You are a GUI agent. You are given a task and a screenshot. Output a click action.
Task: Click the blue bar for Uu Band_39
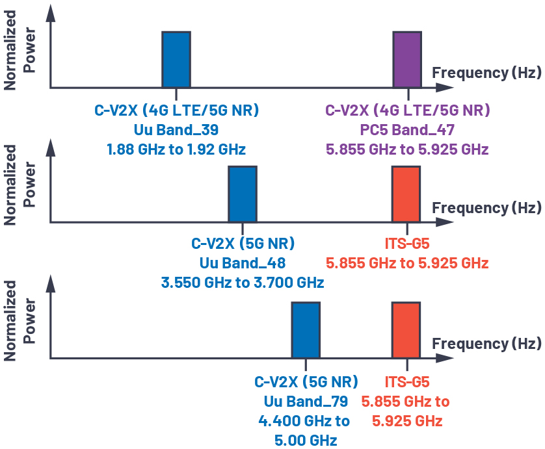coord(176,59)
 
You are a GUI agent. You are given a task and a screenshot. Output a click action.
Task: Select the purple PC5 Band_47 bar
coord(407,59)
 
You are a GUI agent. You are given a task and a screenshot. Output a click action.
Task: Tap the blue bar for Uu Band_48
coord(242,194)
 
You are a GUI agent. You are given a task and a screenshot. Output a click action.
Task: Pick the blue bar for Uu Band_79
coord(306,330)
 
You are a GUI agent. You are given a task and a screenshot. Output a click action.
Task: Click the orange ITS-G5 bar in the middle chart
coord(406,194)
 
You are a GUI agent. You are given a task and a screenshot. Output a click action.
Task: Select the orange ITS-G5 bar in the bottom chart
coord(406,330)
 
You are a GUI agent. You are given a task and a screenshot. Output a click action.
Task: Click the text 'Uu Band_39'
coord(176,129)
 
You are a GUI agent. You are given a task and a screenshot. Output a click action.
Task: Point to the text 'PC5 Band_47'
coord(407,129)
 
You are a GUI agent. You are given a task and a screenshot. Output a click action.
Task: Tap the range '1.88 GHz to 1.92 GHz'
coord(176,149)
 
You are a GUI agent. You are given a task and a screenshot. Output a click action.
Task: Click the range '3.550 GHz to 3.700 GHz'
coord(242,283)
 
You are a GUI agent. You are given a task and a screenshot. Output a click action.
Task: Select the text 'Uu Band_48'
coord(242,263)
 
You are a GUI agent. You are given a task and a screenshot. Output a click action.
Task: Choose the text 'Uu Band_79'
coord(306,400)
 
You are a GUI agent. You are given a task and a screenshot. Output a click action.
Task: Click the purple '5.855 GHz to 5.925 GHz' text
coord(407,149)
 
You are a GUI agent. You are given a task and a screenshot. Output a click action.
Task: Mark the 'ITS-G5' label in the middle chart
coord(407,244)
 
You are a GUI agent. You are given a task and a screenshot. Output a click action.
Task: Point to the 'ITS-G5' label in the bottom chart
coord(407,381)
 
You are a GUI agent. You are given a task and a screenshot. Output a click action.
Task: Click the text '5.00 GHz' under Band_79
coord(306,440)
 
